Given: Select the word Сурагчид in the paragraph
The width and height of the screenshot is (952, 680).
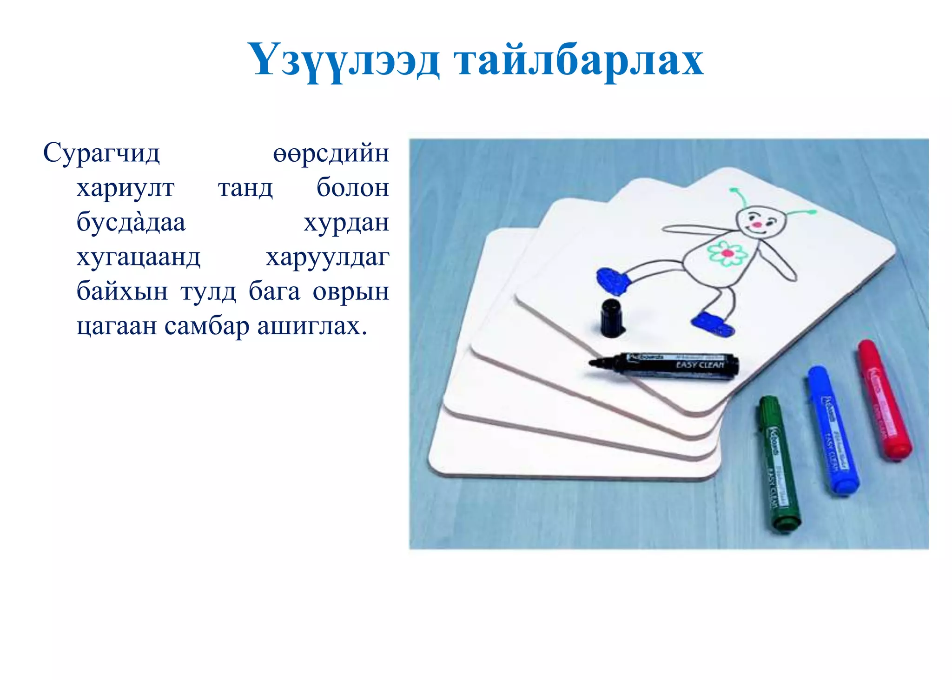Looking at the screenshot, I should [x=101, y=153].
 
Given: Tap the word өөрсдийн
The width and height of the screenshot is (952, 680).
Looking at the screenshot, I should [x=331, y=153].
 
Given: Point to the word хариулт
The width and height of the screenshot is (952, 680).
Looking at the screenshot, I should [x=126, y=188].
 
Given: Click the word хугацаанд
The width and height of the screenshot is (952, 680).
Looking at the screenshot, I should [x=139, y=257].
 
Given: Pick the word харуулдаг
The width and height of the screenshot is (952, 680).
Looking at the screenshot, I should [x=327, y=257].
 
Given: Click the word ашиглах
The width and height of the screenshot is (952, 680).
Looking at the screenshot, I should [x=312, y=326].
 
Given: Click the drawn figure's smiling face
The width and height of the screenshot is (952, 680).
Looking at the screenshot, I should [x=760, y=223].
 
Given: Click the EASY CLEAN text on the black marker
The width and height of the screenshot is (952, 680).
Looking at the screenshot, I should [x=700, y=365].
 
